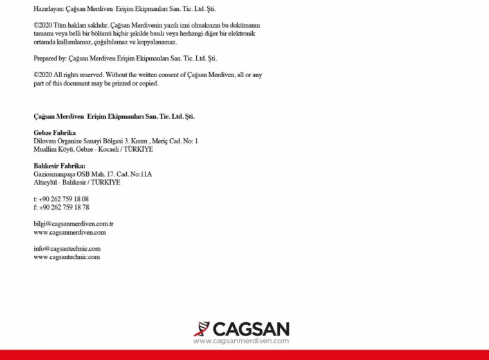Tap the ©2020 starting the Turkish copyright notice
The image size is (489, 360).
(x=42, y=25)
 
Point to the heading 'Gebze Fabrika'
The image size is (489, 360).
(x=55, y=133)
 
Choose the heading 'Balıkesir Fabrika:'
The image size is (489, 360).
(x=59, y=166)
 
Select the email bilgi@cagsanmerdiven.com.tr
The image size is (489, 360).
(x=73, y=224)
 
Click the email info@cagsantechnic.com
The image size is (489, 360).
(x=67, y=249)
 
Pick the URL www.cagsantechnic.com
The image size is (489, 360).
(x=67, y=257)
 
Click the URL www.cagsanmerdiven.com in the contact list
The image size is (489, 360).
(x=69, y=232)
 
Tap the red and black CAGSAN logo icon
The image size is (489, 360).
(x=201, y=329)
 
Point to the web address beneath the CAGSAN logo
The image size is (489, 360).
(x=241, y=341)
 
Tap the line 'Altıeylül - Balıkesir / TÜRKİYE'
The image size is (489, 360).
(x=77, y=183)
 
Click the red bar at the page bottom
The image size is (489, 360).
(x=244, y=355)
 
